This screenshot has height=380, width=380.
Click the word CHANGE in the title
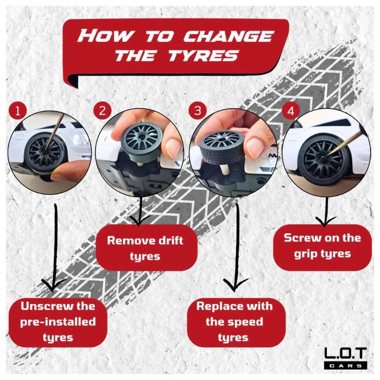pyautogui.click(x=229, y=36)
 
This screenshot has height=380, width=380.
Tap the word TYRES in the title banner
pyautogui.click(x=203, y=55)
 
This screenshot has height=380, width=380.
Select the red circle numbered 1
pyautogui.click(x=17, y=111)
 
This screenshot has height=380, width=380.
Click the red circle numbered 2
pyautogui.click(x=102, y=111)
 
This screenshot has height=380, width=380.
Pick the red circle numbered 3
pyautogui.click(x=198, y=111)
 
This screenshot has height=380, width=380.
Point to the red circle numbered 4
pyautogui.click(x=291, y=111)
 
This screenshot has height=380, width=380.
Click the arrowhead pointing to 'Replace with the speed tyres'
pyautogui.click(x=235, y=285)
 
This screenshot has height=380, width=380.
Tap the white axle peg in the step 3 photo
pyautogui.click(x=224, y=171)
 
